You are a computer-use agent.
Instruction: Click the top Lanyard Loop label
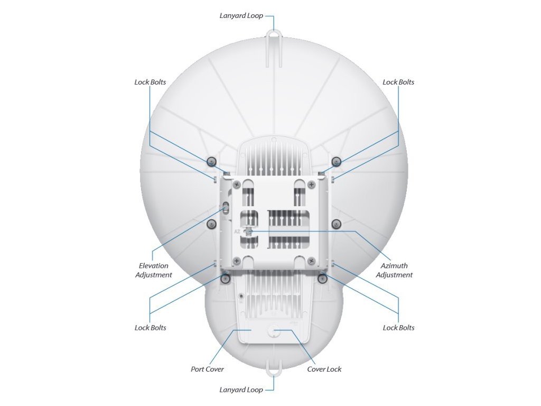[241, 16]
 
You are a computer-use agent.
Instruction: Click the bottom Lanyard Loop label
[241, 390]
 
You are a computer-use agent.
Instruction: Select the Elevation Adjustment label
[154, 270]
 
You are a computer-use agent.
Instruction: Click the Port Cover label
[207, 370]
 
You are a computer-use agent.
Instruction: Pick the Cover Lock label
[324, 370]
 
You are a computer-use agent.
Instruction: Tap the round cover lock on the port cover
[273, 330]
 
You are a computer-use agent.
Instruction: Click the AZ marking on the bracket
[237, 232]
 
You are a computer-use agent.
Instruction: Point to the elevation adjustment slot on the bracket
[226, 208]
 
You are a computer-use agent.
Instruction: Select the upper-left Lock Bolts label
[150, 82]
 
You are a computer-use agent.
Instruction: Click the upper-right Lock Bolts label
[398, 82]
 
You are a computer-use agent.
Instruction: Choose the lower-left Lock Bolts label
[150, 328]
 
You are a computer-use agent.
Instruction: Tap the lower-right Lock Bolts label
[398, 328]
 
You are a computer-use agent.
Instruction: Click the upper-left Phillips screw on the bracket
[236, 184]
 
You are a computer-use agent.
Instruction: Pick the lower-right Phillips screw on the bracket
[312, 260]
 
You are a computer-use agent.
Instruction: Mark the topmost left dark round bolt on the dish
[211, 161]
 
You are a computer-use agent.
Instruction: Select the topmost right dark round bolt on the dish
[335, 161]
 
